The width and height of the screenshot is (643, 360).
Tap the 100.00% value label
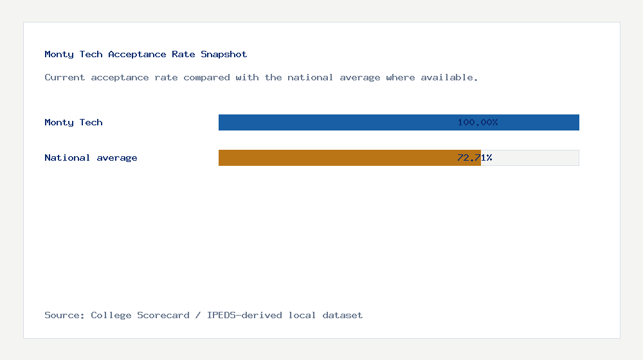pyautogui.click(x=478, y=122)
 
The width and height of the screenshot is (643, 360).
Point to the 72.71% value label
pyautogui.click(x=475, y=157)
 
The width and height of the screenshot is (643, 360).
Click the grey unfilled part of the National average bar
pyautogui.click(x=530, y=157)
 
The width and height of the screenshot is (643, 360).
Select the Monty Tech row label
pyautogui.click(x=73, y=122)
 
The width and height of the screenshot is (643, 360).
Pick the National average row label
pyautogui.click(x=91, y=157)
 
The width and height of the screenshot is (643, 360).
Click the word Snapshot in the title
pyautogui.click(x=224, y=55)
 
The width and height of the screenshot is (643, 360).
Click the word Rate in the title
pyautogui.click(x=183, y=55)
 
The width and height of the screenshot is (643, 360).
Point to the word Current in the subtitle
pyautogui.click(x=65, y=78)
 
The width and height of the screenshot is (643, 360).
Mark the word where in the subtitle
pyautogui.click(x=401, y=78)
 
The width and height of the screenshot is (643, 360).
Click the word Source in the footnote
pyautogui.click(x=64, y=315)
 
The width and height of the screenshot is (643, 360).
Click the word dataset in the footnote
pyautogui.click(x=343, y=315)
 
